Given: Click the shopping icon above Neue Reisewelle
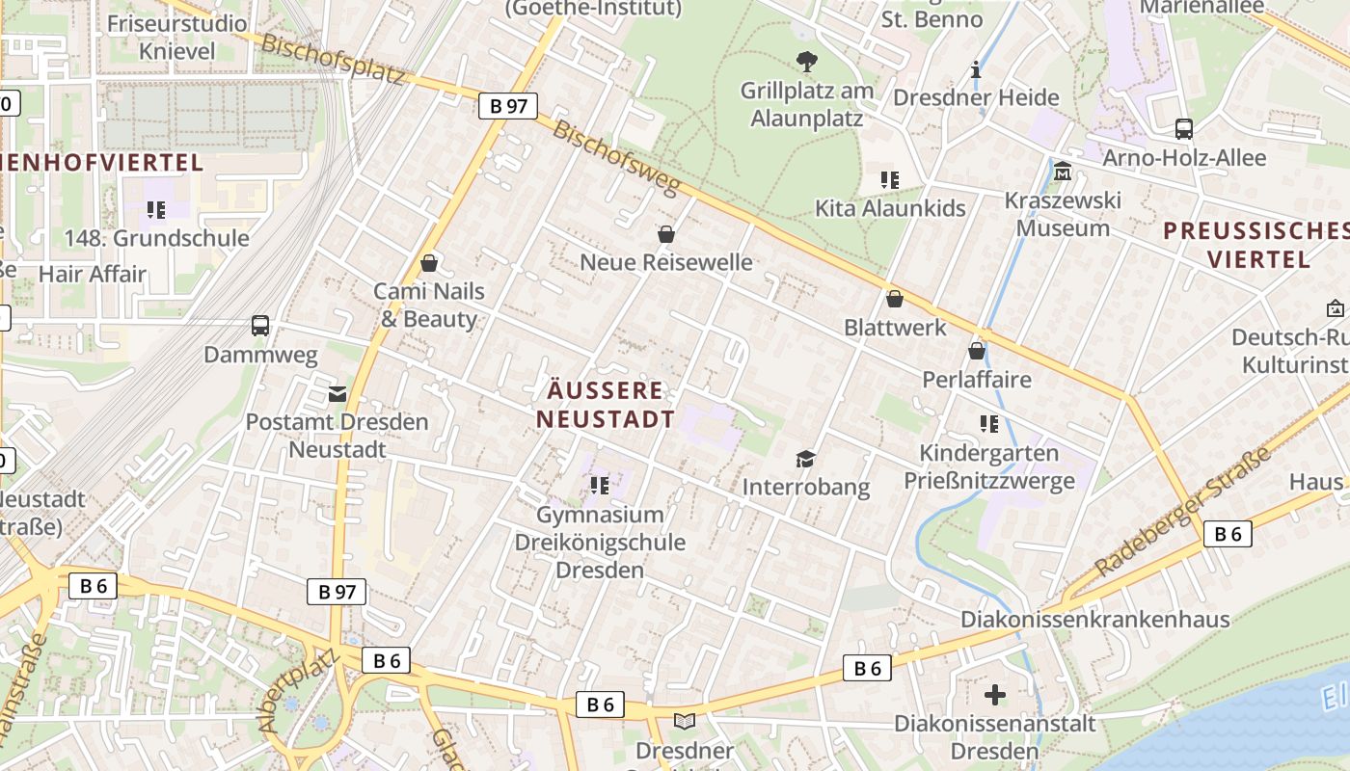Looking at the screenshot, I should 665,234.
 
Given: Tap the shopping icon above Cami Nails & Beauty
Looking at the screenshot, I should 429,263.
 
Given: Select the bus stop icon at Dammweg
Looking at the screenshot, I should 260,326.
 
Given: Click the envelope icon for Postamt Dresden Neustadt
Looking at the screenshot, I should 337,393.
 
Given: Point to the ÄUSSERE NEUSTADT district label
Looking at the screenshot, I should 606,405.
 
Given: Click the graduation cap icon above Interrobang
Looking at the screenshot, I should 805,459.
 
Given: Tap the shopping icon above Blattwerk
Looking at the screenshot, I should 895,300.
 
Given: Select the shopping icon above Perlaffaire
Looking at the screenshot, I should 977,351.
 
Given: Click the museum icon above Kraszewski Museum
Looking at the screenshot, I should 1063,172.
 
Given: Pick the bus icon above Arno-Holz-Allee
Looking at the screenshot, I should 1184,129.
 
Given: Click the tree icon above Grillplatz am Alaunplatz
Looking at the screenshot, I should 807,63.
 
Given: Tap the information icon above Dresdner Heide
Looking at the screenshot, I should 976,69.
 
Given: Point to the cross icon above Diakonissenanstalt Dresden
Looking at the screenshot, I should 995,694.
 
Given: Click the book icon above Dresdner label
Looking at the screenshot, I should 685,721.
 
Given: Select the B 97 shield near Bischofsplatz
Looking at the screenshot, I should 508,106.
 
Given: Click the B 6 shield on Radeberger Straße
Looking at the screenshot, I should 1227,534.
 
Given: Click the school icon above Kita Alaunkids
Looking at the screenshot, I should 889,179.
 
